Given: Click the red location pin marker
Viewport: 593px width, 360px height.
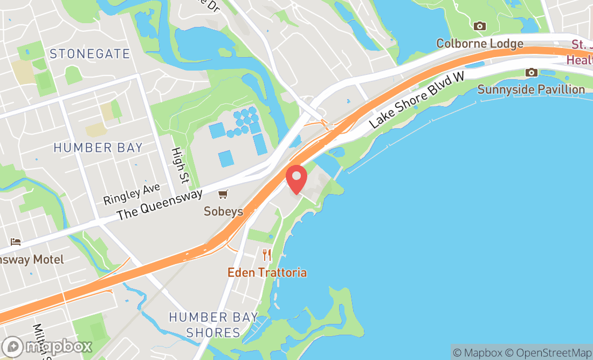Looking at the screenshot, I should tap(296, 179).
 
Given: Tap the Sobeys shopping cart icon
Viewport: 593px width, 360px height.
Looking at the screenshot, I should tap(223, 194).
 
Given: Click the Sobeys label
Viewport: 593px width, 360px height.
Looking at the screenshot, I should tap(223, 211).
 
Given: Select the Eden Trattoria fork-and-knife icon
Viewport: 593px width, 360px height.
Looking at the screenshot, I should tap(267, 255).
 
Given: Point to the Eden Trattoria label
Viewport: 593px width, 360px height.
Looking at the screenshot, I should tap(267, 272).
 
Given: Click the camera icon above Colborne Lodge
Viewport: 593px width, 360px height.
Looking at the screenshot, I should tap(479, 26).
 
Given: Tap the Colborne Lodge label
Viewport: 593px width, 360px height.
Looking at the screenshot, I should tap(479, 43).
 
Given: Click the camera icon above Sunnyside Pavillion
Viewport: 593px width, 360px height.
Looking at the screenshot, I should tap(532, 72).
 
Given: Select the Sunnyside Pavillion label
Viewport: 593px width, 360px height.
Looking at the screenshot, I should tap(531, 89).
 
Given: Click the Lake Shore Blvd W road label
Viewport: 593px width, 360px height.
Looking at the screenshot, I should tap(417, 101).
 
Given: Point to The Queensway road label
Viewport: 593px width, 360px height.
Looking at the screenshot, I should tap(160, 204).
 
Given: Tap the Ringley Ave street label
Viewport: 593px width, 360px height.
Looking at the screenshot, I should tap(132, 193).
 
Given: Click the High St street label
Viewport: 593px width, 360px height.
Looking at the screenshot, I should tap(177, 165).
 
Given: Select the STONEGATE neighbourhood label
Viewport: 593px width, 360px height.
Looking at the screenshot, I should tap(89, 54).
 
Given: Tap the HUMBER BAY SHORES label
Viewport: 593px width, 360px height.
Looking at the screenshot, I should tap(213, 324).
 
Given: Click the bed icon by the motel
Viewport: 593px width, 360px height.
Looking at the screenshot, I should tap(16, 243).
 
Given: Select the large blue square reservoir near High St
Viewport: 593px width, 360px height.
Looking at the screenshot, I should tap(226, 158).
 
